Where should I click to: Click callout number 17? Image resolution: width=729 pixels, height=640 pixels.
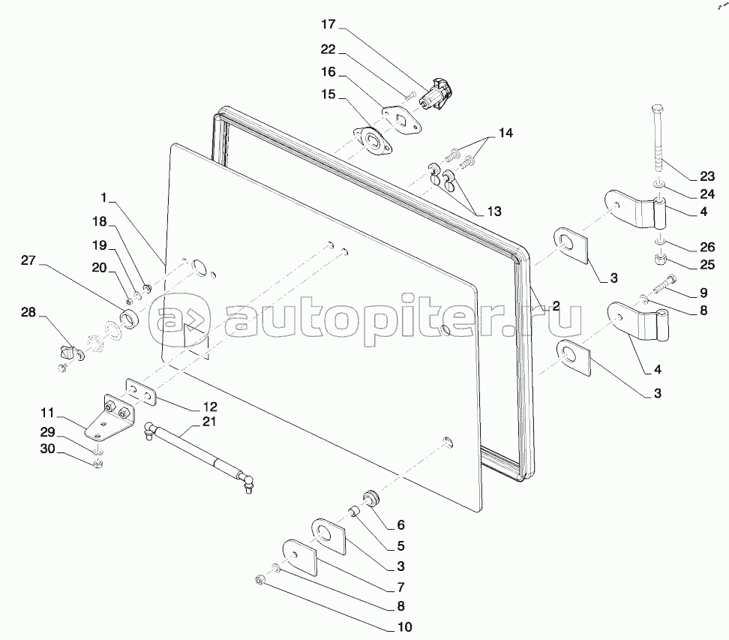tap(328, 25)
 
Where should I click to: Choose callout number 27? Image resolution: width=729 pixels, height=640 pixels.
tap(28, 260)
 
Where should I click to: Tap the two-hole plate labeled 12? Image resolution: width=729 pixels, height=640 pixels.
tap(141, 389)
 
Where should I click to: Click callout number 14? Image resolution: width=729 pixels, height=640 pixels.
tap(506, 132)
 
